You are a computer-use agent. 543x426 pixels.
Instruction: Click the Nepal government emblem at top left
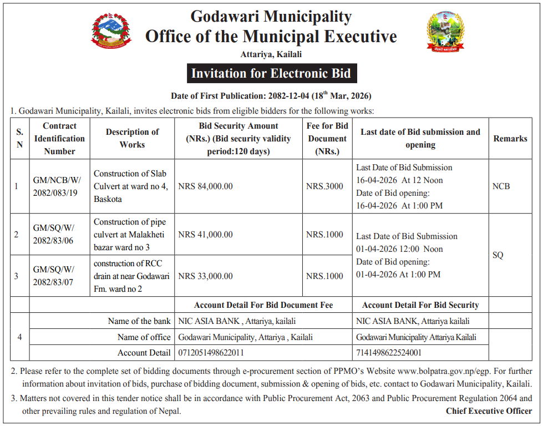pos(111,31)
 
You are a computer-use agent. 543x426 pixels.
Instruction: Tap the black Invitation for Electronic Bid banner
pos(271,73)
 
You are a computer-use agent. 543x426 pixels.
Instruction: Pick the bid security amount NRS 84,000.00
pos(206,186)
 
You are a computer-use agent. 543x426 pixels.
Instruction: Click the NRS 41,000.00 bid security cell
pos(206,235)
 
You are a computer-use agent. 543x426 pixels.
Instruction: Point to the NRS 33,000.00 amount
pos(206,276)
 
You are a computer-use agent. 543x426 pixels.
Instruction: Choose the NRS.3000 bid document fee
pos(324,186)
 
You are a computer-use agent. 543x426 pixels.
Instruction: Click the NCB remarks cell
pos(501,186)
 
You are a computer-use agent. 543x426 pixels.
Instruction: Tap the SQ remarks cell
pos(498,255)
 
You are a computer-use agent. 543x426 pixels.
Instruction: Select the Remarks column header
pos(510,139)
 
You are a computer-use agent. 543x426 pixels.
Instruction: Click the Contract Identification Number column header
pos(60,139)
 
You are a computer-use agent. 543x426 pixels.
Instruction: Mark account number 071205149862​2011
pos(211,353)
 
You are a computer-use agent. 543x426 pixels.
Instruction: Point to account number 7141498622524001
pos(389,353)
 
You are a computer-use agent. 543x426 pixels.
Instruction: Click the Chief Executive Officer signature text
pos(489,411)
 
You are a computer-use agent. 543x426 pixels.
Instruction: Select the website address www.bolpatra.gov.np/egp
pos(456,371)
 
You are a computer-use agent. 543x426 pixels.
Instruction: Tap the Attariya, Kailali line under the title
pos(271,54)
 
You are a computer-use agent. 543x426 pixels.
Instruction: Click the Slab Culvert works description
pos(131,186)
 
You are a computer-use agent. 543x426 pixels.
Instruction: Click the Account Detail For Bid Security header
pos(420,305)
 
